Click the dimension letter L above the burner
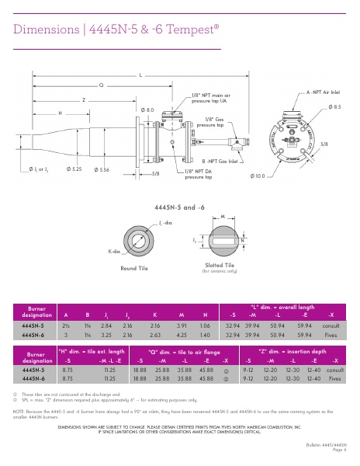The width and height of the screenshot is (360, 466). [x=140, y=75]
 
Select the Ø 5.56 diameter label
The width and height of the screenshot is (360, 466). [x=101, y=169]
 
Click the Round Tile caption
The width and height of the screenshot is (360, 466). [x=133, y=268]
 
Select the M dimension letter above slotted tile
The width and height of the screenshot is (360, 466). [x=223, y=217]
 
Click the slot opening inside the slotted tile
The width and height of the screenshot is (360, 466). [x=222, y=241]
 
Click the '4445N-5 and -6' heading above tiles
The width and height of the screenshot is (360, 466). [x=180, y=207]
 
